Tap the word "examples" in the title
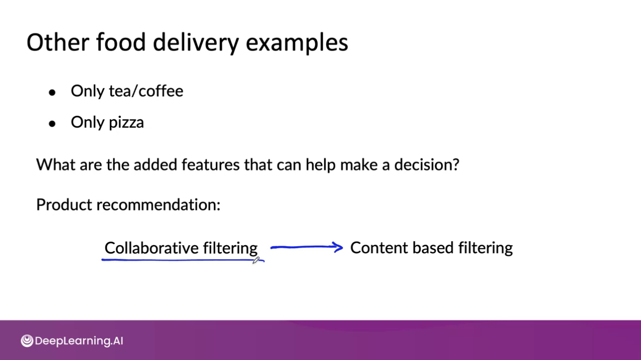(x=297, y=43)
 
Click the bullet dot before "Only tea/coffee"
(x=52, y=93)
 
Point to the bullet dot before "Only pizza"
(x=52, y=124)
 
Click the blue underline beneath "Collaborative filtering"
(x=177, y=260)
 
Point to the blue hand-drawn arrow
(x=307, y=247)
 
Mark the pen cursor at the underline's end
(x=256, y=260)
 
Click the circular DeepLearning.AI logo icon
(x=27, y=341)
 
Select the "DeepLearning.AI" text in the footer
(x=79, y=341)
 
